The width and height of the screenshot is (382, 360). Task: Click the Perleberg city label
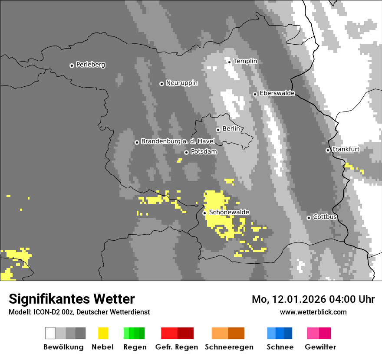(90, 65)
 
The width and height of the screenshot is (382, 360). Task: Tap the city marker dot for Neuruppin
(161, 84)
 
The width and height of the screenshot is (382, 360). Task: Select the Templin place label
(245, 61)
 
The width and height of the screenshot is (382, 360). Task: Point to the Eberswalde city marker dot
(255, 94)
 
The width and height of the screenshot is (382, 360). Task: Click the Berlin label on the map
(231, 129)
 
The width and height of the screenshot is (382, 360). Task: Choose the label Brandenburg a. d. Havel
(178, 141)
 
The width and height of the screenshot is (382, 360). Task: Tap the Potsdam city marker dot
(186, 152)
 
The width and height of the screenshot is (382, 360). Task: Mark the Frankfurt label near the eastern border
(346, 149)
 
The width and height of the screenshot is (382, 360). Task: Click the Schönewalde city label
(229, 212)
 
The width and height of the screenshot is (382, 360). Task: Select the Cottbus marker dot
(309, 218)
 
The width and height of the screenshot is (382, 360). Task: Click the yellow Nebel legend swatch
(103, 333)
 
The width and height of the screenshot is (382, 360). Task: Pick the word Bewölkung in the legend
(63, 347)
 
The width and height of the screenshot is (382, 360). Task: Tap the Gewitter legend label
(320, 347)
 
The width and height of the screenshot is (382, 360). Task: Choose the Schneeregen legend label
(229, 347)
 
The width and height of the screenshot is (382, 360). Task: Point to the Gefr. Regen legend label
(177, 347)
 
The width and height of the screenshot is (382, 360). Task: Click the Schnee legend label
(280, 347)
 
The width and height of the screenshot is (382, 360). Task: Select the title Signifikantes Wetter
(72, 299)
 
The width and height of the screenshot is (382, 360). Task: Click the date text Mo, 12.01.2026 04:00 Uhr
(313, 299)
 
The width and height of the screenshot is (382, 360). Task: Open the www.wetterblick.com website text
(313, 312)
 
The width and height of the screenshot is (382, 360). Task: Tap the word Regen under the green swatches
(135, 347)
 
